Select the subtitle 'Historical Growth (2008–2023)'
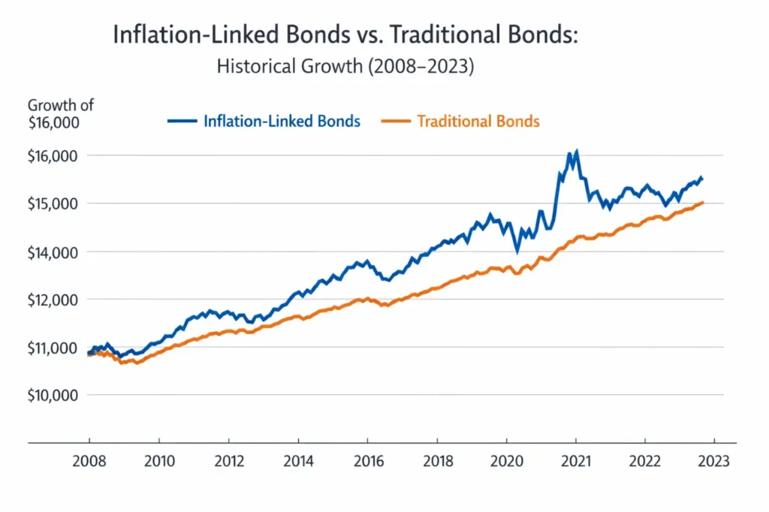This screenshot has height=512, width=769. click(x=346, y=66)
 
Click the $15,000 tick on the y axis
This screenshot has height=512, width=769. click(x=53, y=203)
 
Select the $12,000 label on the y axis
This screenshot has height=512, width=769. click(x=53, y=300)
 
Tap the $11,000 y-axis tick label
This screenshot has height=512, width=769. click(x=53, y=348)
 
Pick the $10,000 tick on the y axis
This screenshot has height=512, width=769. click(x=53, y=395)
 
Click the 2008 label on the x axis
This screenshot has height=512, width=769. click(x=89, y=462)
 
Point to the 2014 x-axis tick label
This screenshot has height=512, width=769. click(x=297, y=462)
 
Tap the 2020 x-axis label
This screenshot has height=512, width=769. click(x=505, y=462)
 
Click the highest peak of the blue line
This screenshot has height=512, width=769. click(x=576, y=151)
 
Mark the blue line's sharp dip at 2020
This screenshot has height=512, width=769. click(x=517, y=250)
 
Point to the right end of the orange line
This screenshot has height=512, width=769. click(x=702, y=203)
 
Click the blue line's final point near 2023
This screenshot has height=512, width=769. click(x=701, y=179)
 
